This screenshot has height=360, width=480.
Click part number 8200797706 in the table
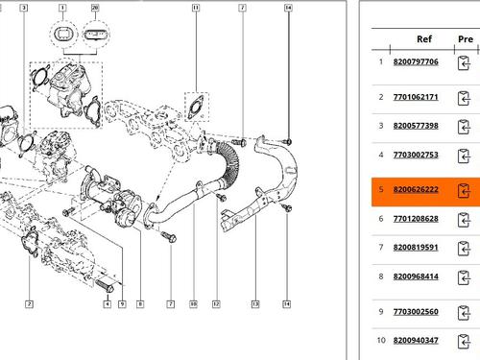pos(416,61)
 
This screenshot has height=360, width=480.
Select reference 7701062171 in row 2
pos(416,97)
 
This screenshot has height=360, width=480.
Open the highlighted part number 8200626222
pos(416,189)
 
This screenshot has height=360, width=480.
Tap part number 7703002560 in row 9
pos(416,311)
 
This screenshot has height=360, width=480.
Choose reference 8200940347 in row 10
pos(416,340)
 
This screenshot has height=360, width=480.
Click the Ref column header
pos(424,39)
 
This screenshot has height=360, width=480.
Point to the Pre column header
pos(466,39)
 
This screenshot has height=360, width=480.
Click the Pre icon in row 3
pos(464,127)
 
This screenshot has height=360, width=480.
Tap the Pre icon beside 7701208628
pos(464,220)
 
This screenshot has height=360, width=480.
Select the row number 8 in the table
pos(381,276)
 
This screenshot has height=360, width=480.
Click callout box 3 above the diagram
pos(24,8)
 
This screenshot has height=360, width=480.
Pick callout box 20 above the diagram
pos(95,8)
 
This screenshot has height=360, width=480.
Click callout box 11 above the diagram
pos(196,8)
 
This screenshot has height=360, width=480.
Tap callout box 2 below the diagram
pos(29,303)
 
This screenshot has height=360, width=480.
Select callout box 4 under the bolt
pos(108,303)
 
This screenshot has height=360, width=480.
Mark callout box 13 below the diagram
pos(255,303)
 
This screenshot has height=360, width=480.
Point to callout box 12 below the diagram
pos(216,303)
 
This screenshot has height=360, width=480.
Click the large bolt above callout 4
pos(105,286)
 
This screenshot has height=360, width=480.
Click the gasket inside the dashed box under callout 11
pos(196,107)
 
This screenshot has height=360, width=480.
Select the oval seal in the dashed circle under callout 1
pos(63,34)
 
